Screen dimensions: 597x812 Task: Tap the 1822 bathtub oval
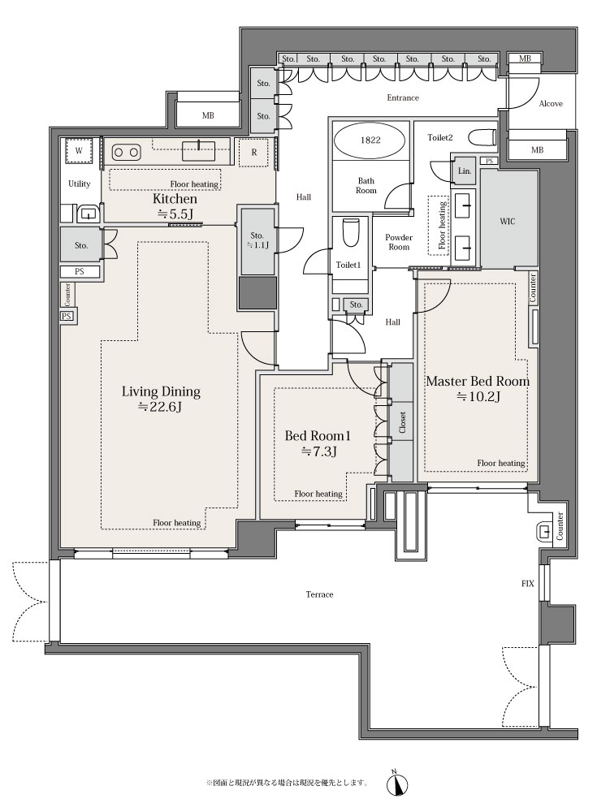370,140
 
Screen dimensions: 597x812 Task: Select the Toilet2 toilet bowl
482,138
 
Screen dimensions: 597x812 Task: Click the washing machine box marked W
79,151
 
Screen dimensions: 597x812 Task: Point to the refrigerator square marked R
254,153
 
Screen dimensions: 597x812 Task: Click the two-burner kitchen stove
126,153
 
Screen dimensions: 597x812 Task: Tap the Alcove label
551,104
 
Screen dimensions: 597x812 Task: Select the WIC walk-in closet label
508,221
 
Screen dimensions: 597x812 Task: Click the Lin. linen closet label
465,171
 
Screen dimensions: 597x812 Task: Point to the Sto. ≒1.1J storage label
257,240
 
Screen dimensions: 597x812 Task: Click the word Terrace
319,594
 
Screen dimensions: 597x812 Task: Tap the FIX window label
528,584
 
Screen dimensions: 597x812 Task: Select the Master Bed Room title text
478,382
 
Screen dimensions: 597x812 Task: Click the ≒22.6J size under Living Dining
161,407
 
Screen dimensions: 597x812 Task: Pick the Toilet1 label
348,266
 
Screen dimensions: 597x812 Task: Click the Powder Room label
399,242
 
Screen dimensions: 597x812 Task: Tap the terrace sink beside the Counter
544,531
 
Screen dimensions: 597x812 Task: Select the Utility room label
80,184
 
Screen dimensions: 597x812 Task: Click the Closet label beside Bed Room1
402,422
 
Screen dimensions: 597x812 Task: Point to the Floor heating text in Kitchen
194,184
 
